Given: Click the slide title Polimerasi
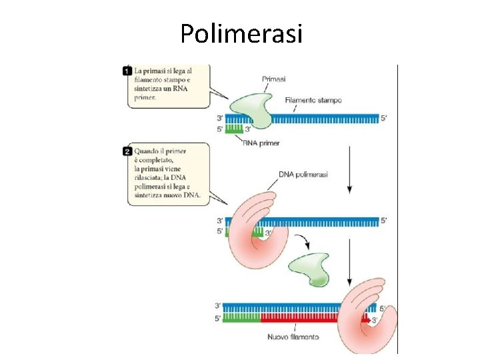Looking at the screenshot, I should point(241,33).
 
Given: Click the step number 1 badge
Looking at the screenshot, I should point(127,70).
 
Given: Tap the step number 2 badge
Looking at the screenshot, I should point(127,151).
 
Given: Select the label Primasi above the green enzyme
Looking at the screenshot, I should point(274,79).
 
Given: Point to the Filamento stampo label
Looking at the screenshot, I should point(313,101).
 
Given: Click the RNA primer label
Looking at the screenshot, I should point(261,143).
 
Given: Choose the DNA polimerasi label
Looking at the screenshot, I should point(304,175).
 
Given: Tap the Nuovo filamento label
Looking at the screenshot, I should point(293,337).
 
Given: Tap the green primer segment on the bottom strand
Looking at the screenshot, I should point(241,319).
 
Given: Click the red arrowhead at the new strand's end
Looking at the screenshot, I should point(366,319).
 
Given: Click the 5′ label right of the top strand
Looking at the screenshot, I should point(383,119).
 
